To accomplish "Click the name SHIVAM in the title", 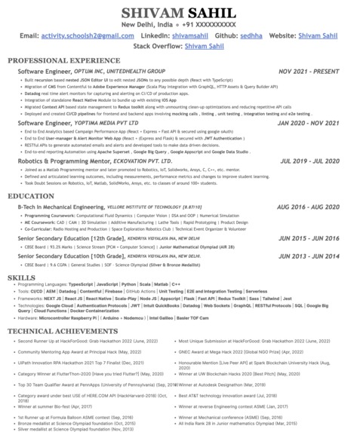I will tap(150, 12).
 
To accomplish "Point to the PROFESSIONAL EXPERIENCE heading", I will tap(64, 60).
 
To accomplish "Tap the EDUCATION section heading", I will tap(31, 196).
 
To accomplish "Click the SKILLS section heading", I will tap(22, 277).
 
